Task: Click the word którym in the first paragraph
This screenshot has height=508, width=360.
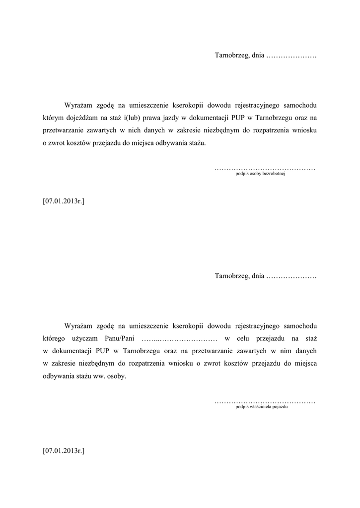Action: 53,118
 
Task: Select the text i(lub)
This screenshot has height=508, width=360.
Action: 131,118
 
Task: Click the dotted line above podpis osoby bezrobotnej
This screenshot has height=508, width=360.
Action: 265,169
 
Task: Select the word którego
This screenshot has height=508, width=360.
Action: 54,338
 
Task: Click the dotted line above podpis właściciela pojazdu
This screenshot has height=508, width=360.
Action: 265,401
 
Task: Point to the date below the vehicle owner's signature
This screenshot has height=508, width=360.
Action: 64,451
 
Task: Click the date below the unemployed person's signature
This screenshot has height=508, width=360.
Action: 64,201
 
